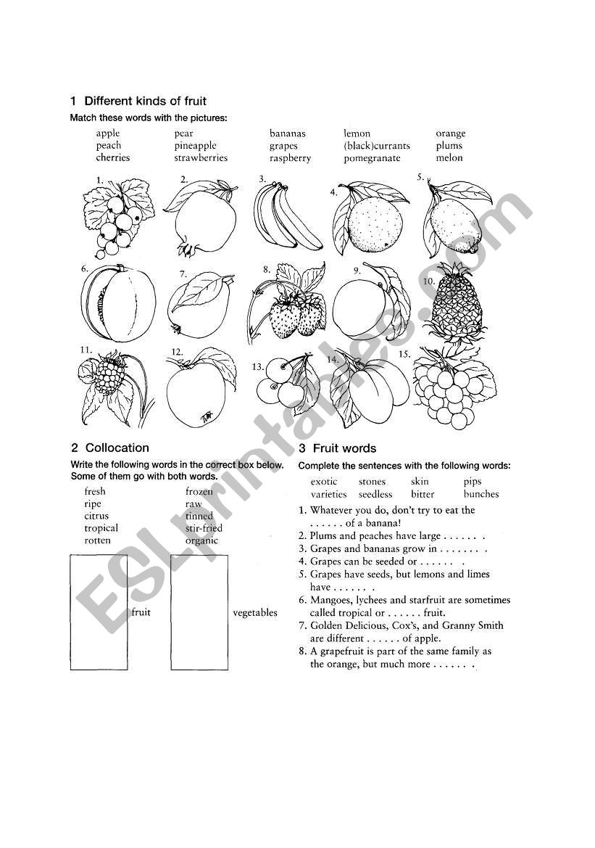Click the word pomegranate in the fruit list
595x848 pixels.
tap(372, 158)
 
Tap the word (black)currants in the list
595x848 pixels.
tap(377, 146)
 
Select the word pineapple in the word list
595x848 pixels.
tap(195, 146)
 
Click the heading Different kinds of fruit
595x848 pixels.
tap(145, 101)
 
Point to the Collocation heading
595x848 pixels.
tap(117, 448)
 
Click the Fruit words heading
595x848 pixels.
tap(344, 448)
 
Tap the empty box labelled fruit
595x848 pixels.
tap(99, 612)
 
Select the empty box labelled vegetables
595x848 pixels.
tap(199, 612)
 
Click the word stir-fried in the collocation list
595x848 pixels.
tap(204, 528)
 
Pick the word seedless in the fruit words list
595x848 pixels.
tap(375, 494)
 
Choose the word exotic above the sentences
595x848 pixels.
tap(324, 482)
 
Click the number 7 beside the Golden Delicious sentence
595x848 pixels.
tap(302, 625)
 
